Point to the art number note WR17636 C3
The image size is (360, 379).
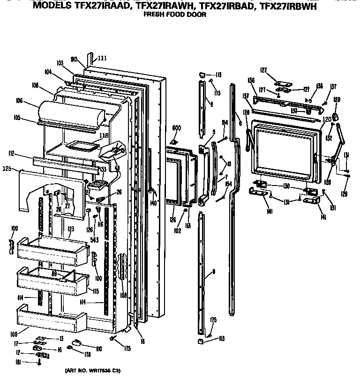[x=92, y=371]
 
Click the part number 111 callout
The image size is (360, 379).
[x=102, y=58]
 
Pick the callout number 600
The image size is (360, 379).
[x=176, y=128]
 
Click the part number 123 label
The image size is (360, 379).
[x=71, y=229]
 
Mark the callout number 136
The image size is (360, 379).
[x=252, y=80]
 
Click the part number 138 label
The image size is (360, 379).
[x=320, y=86]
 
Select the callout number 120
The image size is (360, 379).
[x=327, y=119]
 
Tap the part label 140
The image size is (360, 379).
[x=153, y=203]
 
